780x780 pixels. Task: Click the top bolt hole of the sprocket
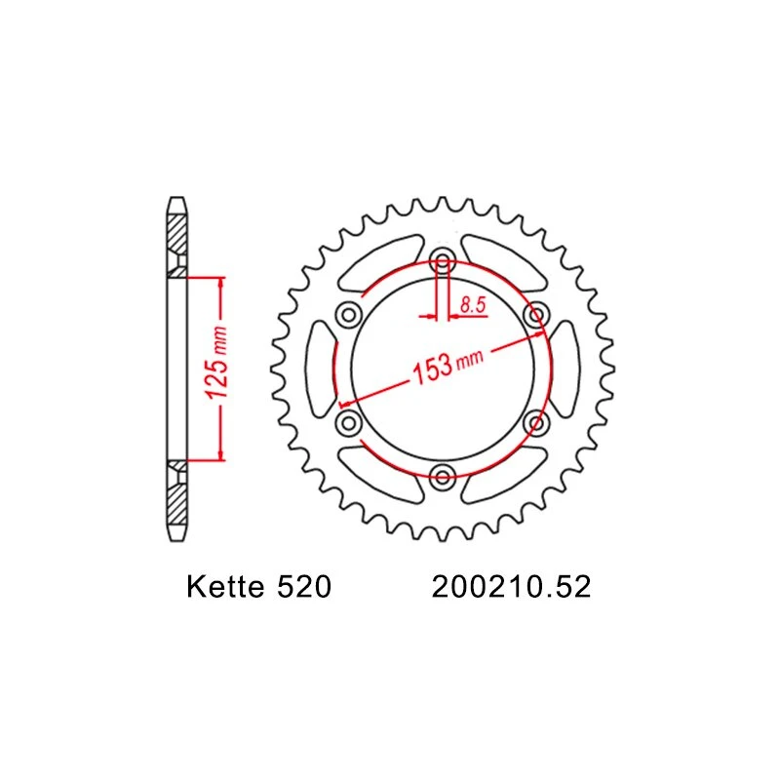pos(443,261)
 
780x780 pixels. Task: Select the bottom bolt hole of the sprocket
pos(443,477)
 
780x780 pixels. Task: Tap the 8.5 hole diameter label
pos(473,305)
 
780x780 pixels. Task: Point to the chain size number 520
pos(303,589)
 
